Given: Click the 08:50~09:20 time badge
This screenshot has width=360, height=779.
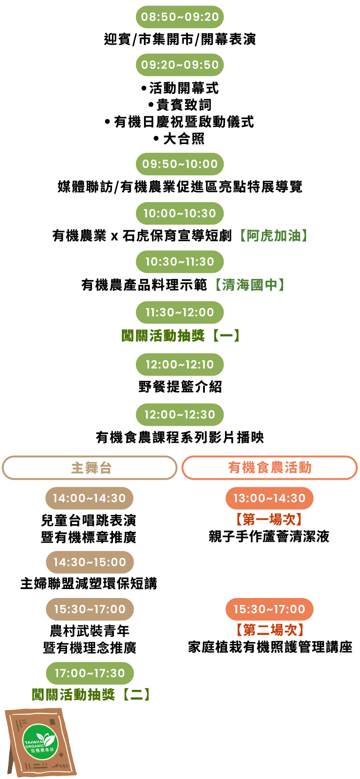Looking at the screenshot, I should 180,17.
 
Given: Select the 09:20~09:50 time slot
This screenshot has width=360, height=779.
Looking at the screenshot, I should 180,65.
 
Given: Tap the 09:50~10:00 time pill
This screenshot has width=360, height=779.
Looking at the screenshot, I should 180,164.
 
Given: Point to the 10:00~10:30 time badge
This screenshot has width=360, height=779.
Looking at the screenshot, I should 180,213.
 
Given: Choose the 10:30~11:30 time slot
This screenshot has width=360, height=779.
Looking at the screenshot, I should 180,262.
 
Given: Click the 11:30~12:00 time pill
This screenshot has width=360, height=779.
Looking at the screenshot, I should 180,312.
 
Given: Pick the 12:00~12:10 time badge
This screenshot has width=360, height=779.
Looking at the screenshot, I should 180,364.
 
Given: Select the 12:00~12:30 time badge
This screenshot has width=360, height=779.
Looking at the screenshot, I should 180,415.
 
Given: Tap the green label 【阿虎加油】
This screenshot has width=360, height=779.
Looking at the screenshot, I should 274,235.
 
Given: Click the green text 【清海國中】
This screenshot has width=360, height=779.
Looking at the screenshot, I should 250,285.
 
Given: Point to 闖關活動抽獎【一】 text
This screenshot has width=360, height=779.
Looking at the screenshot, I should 181,336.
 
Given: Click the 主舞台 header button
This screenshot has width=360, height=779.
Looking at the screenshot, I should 90,468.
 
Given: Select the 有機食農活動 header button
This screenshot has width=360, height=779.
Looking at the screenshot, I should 270,468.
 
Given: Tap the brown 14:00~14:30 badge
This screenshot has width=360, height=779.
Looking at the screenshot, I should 90,498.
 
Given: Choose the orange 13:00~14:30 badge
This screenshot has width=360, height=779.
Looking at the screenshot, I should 270,498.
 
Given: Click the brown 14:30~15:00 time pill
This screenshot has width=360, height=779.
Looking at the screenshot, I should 90,562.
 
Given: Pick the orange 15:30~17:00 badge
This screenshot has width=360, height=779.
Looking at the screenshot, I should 270,609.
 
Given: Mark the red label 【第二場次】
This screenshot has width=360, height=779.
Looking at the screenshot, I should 270,630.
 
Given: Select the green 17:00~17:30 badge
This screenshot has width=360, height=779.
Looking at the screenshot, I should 90,673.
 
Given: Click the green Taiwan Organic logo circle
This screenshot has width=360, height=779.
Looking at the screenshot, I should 40,742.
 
